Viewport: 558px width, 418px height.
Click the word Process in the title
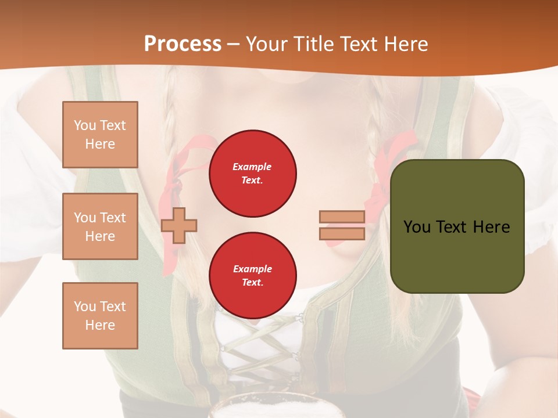tap(183, 44)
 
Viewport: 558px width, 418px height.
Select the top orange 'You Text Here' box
tap(100, 135)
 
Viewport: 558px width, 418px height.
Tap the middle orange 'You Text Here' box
tap(100, 226)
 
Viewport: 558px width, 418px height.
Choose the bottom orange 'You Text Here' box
tap(100, 316)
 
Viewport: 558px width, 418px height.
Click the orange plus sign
tap(179, 225)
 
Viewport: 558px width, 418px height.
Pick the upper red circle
tap(253, 174)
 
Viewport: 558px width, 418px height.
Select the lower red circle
tap(253, 275)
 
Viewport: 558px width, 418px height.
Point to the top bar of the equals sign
tap(342, 217)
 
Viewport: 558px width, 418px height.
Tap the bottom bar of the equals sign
tap(342, 233)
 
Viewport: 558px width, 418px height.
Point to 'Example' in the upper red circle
tap(252, 167)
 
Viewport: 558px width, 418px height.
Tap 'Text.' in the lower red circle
tap(252, 283)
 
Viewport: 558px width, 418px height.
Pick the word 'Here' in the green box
tap(492, 227)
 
